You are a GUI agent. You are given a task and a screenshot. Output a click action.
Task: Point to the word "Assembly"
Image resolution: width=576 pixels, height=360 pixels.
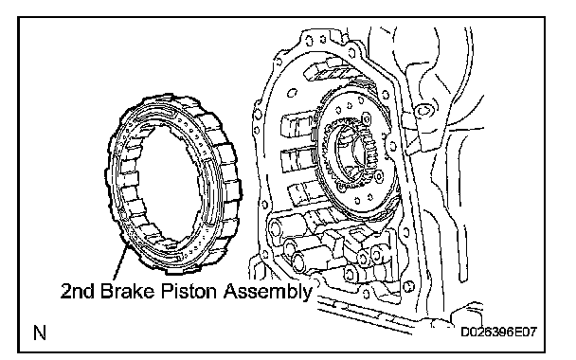(268, 292)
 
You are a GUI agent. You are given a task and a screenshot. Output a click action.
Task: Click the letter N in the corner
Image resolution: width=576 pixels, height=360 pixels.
(40, 333)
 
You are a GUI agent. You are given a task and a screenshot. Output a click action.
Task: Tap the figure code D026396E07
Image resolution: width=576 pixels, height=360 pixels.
(498, 333)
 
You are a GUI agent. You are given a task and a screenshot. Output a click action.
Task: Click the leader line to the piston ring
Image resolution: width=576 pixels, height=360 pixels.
(121, 262)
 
